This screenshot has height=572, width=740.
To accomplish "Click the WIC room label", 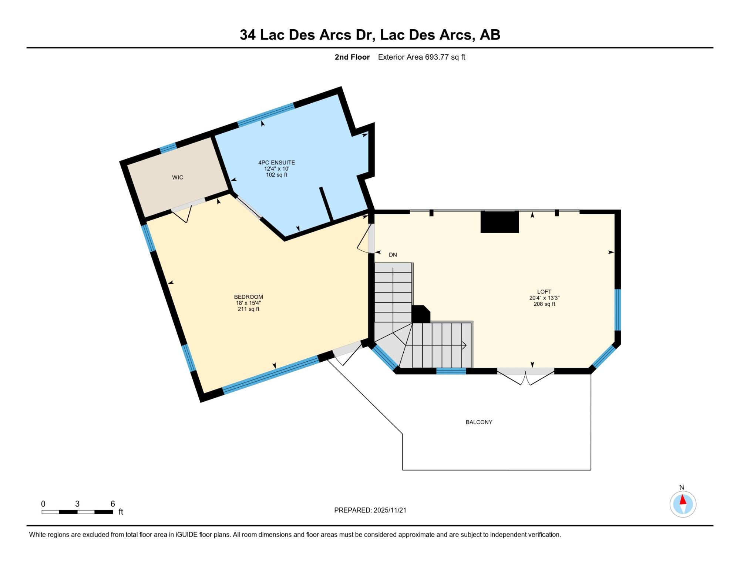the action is click(x=178, y=177).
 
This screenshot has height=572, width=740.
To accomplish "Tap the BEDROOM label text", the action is click(x=248, y=297).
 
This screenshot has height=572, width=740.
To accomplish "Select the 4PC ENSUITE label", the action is click(x=277, y=163).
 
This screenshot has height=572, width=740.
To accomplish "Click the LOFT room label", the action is click(x=544, y=292).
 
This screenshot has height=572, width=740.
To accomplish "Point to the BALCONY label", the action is click(x=479, y=422).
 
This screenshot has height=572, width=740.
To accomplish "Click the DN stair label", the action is click(x=393, y=255).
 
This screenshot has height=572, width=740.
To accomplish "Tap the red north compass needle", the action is click(x=683, y=500).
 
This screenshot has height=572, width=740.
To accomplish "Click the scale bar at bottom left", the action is click(x=77, y=512).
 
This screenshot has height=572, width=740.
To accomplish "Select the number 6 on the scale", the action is click(x=112, y=504).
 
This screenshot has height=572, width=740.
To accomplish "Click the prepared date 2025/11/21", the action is click(x=390, y=510).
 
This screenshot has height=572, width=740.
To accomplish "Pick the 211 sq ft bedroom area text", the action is click(x=248, y=309).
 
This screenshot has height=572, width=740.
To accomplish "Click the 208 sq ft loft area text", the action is click(x=544, y=304).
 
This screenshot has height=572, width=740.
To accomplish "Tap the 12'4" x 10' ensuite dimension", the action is click(x=277, y=168).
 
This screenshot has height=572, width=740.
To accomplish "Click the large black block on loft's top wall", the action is click(x=499, y=222).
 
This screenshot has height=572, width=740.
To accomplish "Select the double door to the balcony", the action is click(x=526, y=376).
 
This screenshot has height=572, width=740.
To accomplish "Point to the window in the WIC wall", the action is click(x=168, y=148).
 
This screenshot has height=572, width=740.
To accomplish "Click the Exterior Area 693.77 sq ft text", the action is click(x=421, y=57).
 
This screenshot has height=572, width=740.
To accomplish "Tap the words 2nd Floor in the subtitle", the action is click(x=352, y=57).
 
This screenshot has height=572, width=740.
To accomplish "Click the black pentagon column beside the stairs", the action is click(x=421, y=314).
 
